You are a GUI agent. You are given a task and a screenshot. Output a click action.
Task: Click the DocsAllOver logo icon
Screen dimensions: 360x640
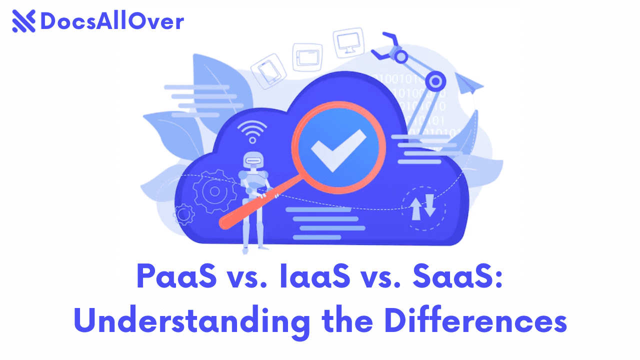click(23, 21)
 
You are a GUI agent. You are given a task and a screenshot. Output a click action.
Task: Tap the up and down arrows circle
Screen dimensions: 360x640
click(423, 208)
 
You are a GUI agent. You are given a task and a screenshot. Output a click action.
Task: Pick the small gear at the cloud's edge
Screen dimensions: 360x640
click(184, 214)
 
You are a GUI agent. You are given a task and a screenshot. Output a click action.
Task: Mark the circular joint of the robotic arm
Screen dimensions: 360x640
click(435, 80)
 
